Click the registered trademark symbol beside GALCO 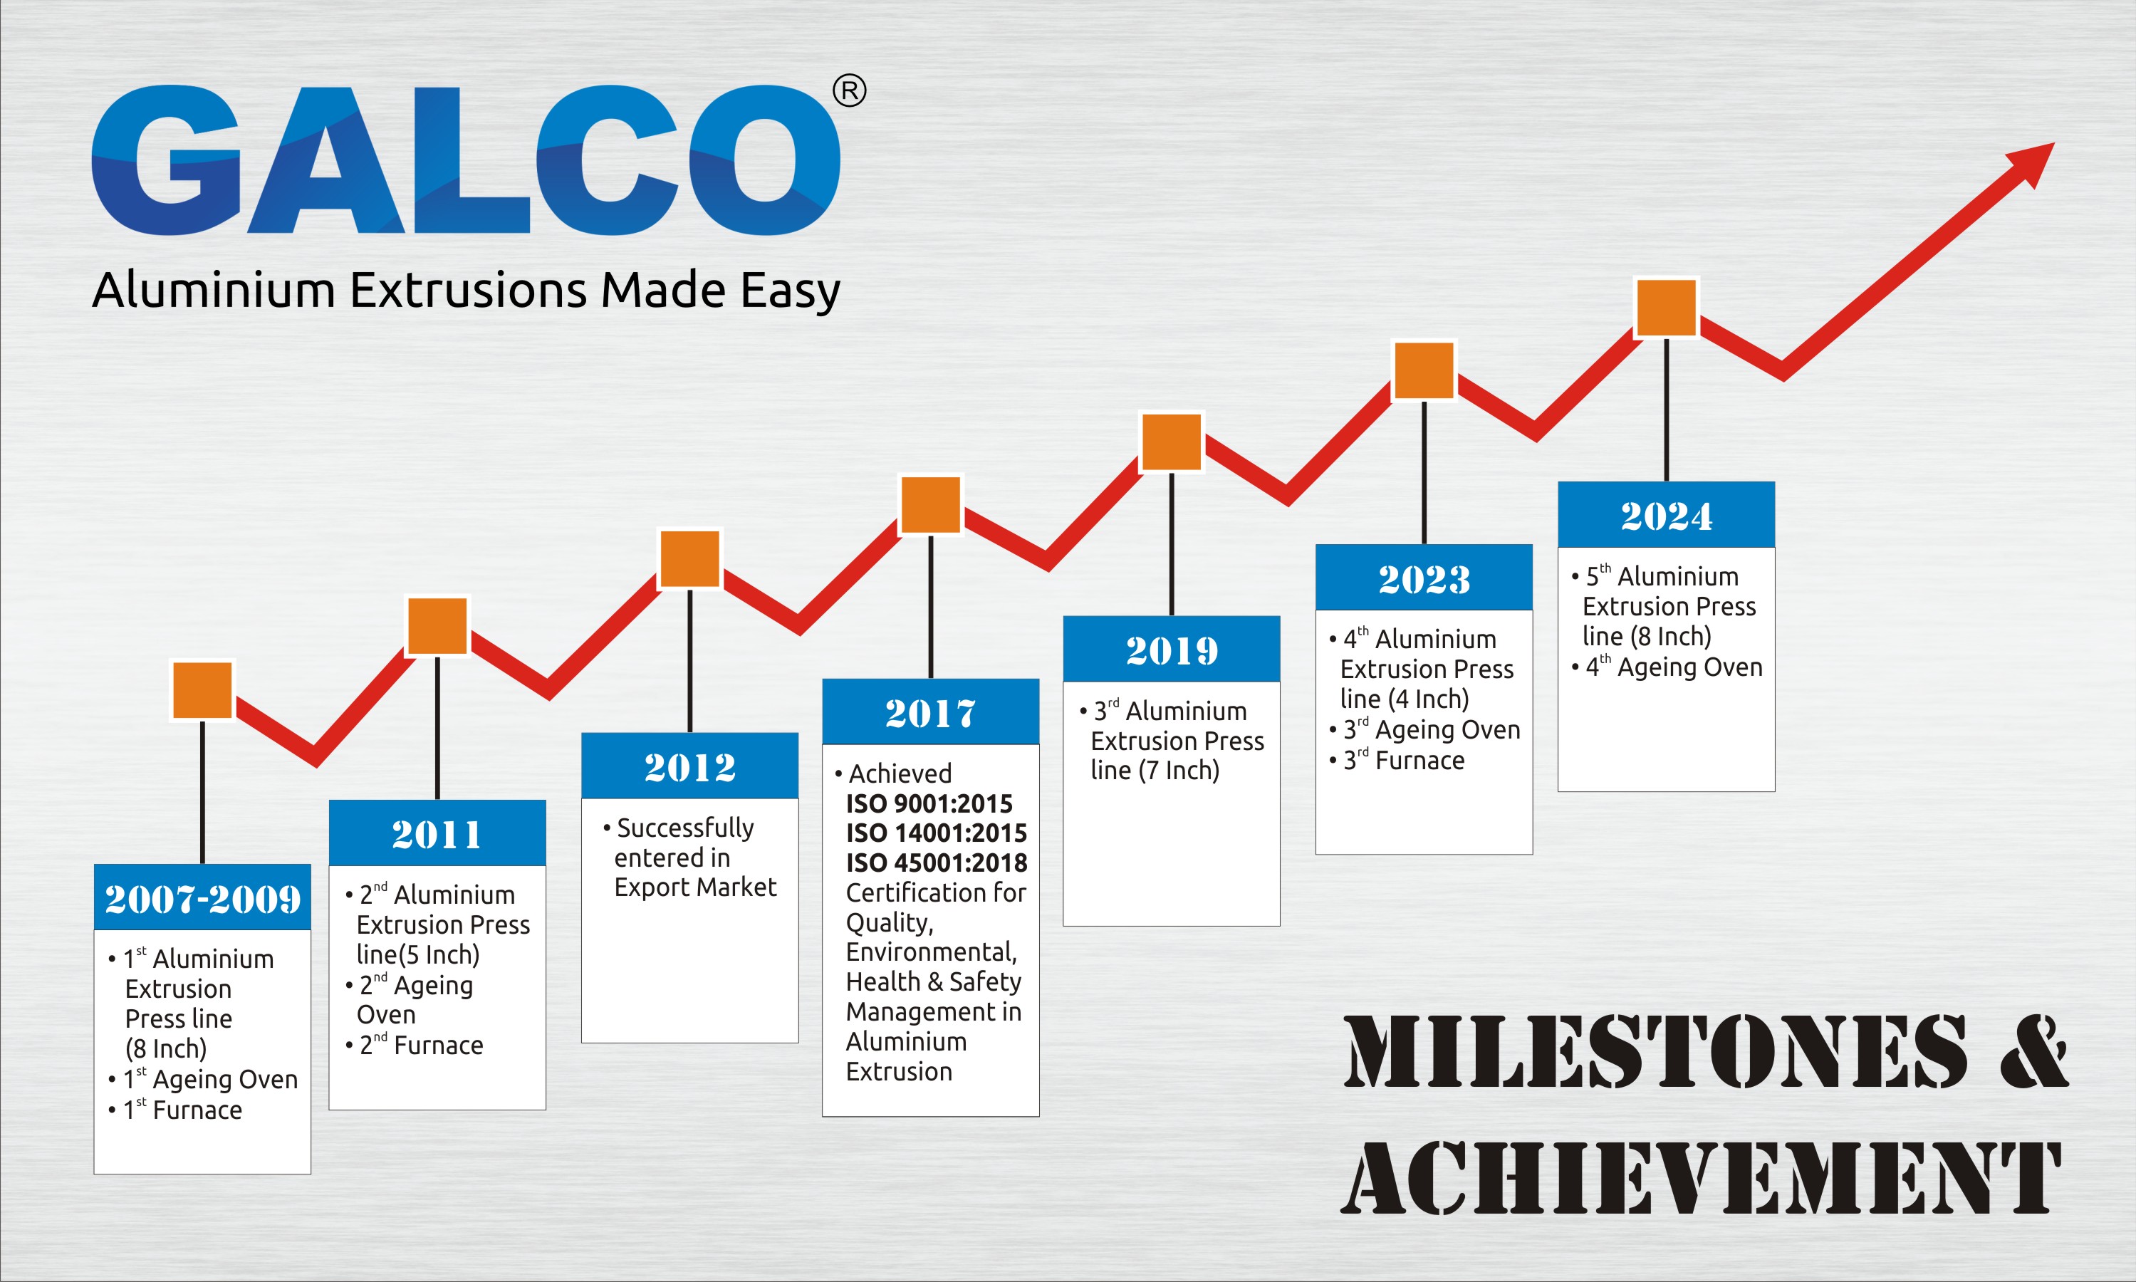click(x=849, y=90)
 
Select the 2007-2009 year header click(x=202, y=897)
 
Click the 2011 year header click(x=437, y=833)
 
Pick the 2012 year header click(x=689, y=766)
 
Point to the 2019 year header click(x=1171, y=650)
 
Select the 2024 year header click(x=1666, y=515)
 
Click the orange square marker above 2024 click(x=1666, y=307)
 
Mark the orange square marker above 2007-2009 click(x=202, y=690)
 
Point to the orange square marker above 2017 click(x=930, y=504)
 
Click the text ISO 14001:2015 click(x=937, y=833)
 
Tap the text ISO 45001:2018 click(x=937, y=863)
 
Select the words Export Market click(x=695, y=887)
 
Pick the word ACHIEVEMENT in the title click(x=1701, y=1177)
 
